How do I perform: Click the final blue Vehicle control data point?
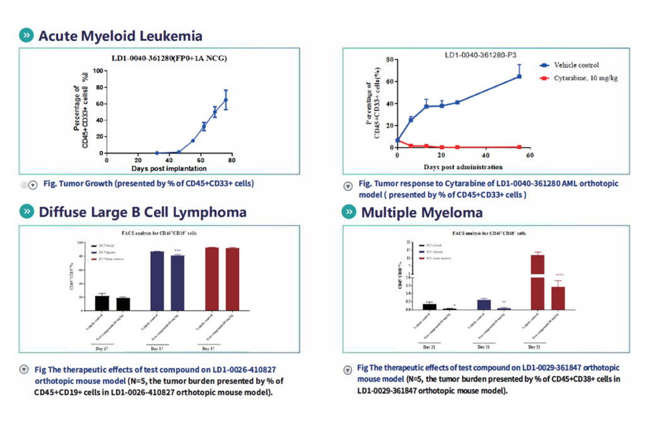(x=519, y=76)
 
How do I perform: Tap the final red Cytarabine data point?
(x=519, y=146)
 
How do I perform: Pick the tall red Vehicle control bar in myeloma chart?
(x=537, y=282)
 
